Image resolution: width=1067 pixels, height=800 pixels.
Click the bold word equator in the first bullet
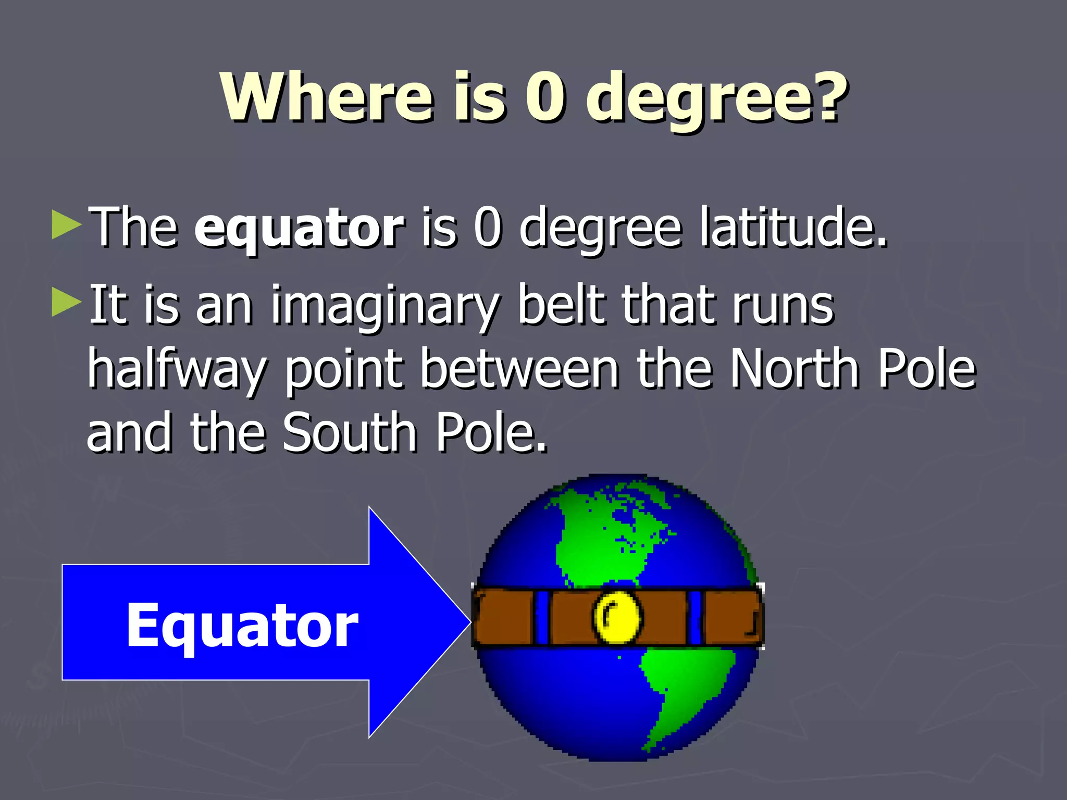click(x=299, y=228)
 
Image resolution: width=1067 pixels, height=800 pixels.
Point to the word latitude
click(x=792, y=227)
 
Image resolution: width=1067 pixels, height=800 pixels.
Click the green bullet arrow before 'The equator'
click(x=67, y=225)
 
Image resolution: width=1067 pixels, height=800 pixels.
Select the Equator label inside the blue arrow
click(x=242, y=625)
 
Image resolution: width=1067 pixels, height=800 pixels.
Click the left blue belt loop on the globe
click(x=542, y=618)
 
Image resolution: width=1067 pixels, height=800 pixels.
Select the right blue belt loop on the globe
click(x=694, y=618)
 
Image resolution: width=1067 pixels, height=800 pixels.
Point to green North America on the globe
click(x=604, y=536)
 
